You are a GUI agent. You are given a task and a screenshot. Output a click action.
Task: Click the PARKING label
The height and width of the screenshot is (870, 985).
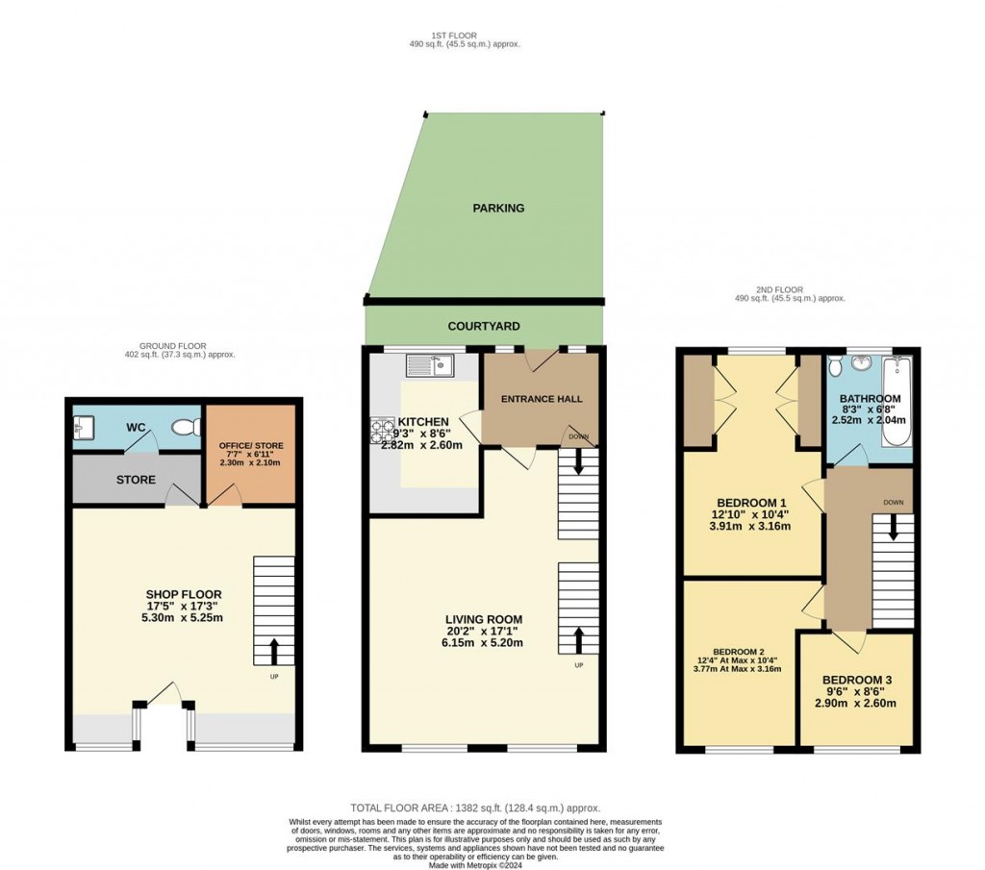click(498, 208)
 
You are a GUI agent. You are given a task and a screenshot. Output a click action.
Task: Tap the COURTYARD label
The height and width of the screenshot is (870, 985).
click(484, 326)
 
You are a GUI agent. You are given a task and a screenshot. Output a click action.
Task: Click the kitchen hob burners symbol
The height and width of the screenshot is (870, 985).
click(379, 432)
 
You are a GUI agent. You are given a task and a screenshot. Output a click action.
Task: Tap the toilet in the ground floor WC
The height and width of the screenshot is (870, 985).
click(184, 426)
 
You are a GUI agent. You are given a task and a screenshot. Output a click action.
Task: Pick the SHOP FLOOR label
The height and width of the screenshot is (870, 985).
click(183, 593)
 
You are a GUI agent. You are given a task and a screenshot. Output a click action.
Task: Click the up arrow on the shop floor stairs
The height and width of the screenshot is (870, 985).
click(273, 652)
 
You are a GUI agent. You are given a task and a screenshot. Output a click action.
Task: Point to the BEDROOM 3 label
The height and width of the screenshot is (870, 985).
click(855, 679)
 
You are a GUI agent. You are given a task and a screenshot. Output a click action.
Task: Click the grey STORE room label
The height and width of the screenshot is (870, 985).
click(136, 479)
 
